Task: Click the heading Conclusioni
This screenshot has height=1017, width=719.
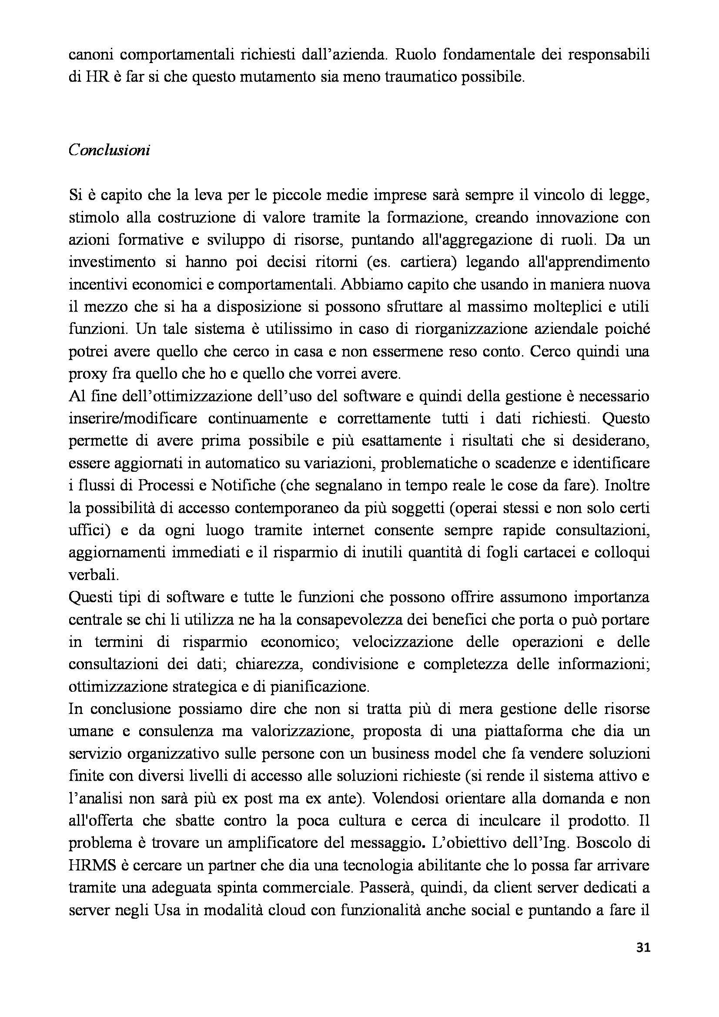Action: click(110, 150)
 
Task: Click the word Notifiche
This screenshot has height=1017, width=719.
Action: click(243, 486)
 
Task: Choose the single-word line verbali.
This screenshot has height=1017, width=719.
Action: click(88, 575)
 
